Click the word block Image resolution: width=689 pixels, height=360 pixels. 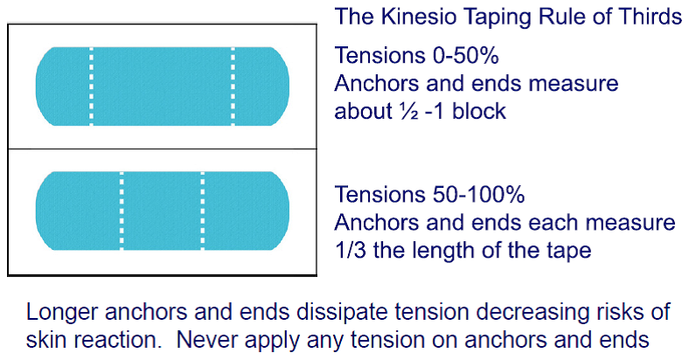click(x=479, y=111)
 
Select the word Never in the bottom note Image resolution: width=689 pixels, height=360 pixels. click(x=205, y=340)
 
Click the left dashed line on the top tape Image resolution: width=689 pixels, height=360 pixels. click(x=92, y=86)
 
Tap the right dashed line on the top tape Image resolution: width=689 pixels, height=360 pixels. click(x=233, y=86)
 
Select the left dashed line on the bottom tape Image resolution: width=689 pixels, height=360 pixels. click(x=122, y=211)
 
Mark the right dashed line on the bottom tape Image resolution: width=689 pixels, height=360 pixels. click(x=203, y=211)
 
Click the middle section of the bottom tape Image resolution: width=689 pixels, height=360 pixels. click(x=162, y=211)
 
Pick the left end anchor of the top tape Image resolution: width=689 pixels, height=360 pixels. click(x=64, y=86)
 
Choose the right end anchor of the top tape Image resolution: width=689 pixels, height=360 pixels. click(x=262, y=86)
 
